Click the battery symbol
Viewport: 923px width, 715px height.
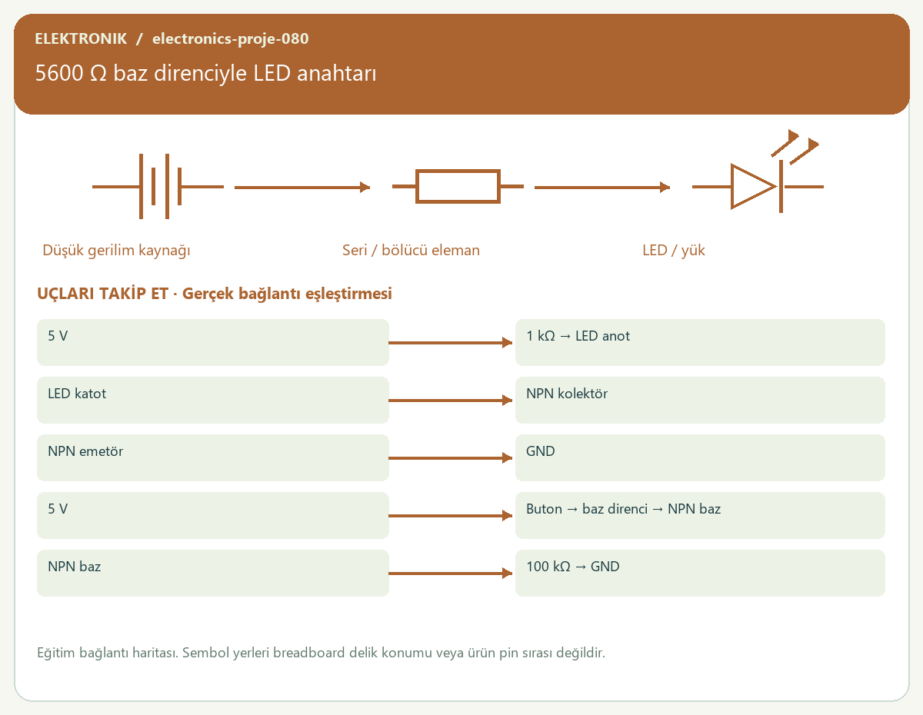(x=158, y=186)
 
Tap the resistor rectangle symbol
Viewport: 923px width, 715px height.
(x=458, y=186)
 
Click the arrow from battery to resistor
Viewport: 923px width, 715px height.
(x=302, y=187)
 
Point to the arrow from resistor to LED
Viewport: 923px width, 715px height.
(x=602, y=187)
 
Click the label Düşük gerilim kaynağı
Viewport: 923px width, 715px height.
(x=116, y=251)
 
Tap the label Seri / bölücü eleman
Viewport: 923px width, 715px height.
(x=411, y=250)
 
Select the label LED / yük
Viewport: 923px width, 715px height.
(x=673, y=250)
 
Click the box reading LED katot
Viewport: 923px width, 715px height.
(x=213, y=400)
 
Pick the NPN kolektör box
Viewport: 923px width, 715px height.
(x=700, y=400)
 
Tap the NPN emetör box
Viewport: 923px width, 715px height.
(x=213, y=457)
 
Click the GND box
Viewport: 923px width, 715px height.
(x=700, y=457)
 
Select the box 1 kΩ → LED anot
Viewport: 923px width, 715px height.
(x=700, y=342)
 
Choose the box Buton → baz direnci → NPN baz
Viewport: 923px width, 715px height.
(x=700, y=515)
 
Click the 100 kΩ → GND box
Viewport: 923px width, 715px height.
(x=700, y=574)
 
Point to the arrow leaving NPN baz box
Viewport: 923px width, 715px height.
(x=450, y=574)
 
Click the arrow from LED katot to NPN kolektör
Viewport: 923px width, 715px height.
(x=450, y=400)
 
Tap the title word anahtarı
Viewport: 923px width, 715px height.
(x=336, y=73)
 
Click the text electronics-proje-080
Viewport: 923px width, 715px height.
(x=230, y=38)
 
